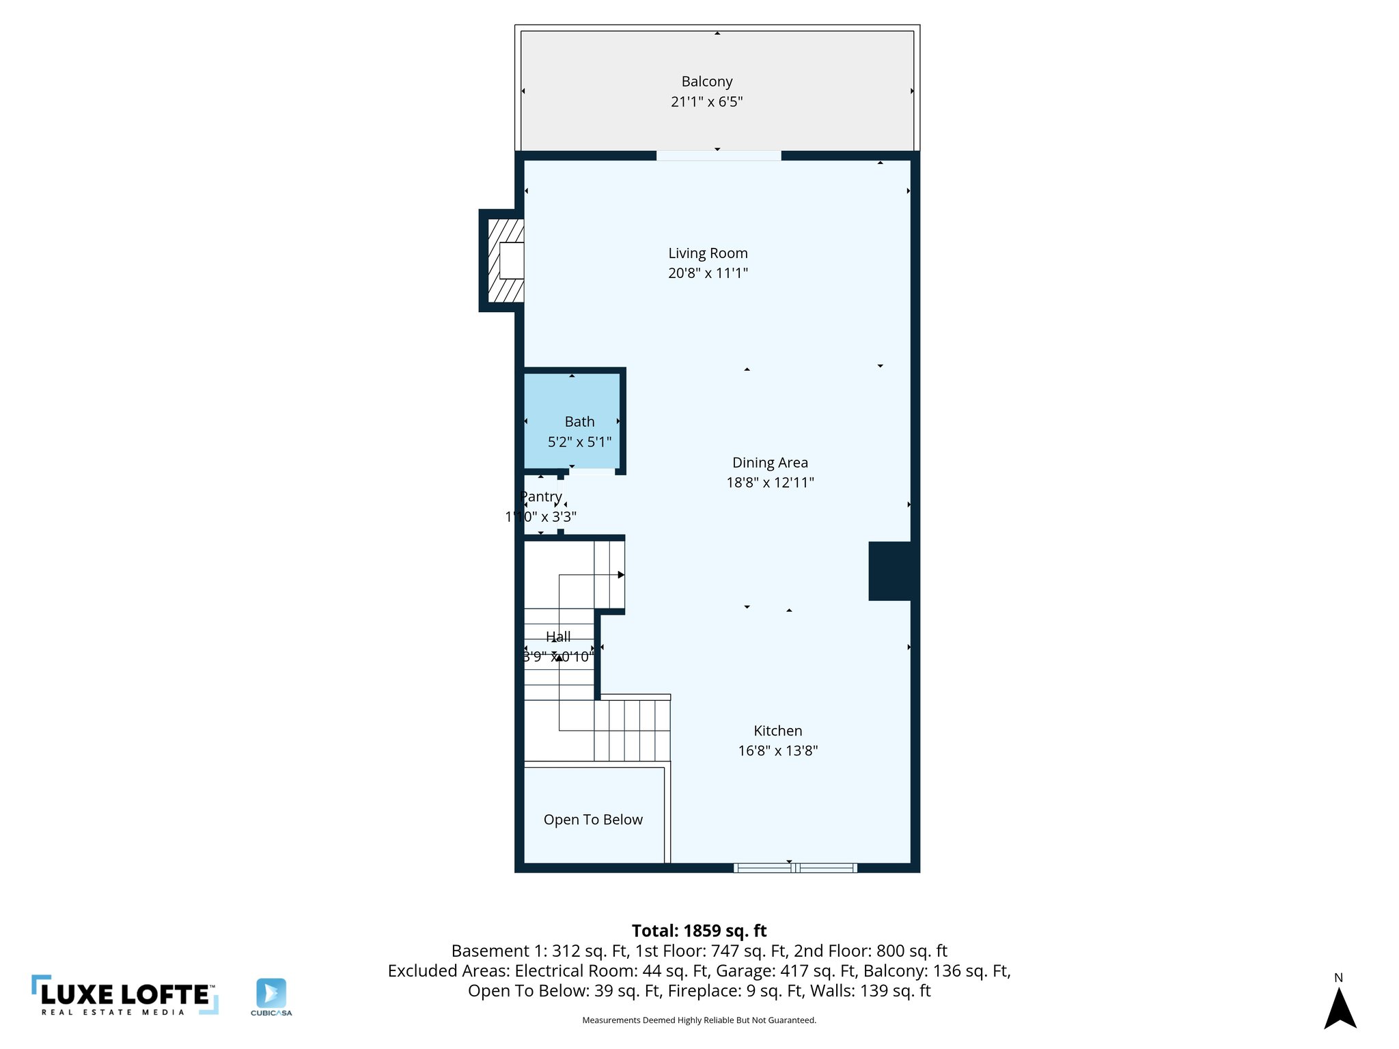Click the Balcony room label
coord(706,82)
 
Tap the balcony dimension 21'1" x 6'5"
coord(706,102)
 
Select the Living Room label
coord(708,253)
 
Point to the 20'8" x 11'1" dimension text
coord(708,273)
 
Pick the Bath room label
coord(579,422)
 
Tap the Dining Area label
coord(770,463)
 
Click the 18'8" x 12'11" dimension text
coord(770,483)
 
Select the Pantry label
coord(541,496)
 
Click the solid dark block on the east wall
coord(889,571)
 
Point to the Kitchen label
coord(777,731)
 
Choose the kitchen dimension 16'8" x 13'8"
coord(777,751)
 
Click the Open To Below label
coord(593,820)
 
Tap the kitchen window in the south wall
coord(795,868)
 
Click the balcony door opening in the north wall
coord(719,156)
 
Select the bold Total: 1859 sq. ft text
coord(699,931)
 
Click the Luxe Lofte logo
coord(125,995)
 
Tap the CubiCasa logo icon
coord(271,994)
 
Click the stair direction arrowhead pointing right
coord(621,575)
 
